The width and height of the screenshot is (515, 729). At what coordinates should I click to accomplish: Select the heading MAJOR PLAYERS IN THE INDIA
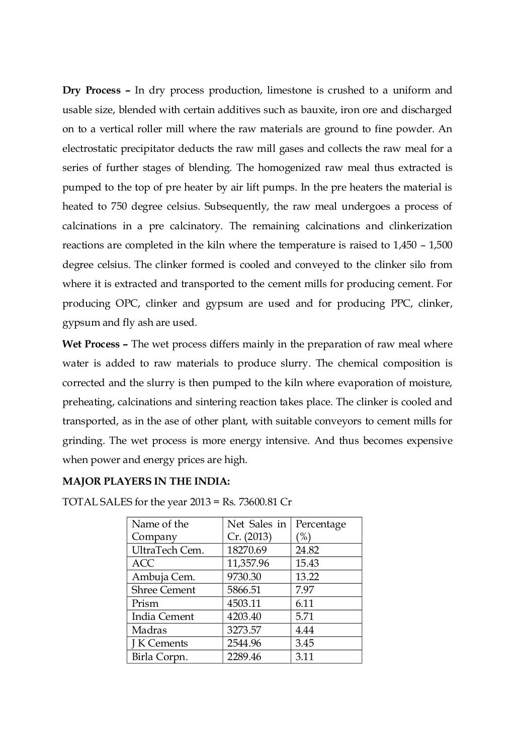146,481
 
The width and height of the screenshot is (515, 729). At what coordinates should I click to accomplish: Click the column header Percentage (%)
320,530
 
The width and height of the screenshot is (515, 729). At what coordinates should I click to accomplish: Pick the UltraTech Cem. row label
167,550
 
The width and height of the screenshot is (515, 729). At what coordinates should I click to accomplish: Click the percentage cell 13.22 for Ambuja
307,577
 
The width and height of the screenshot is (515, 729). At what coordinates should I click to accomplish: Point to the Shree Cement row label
163,590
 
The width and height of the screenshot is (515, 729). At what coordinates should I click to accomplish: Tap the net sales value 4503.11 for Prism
244,603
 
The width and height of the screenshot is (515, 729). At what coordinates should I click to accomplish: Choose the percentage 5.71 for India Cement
305,616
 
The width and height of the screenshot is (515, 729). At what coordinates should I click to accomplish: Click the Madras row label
149,630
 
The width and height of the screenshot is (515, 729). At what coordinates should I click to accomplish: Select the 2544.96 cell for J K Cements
244,643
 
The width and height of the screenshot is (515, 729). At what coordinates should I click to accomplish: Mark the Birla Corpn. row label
159,657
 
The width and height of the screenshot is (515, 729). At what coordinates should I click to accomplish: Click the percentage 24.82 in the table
307,550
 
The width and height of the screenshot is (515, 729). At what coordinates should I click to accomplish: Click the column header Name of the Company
160,530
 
